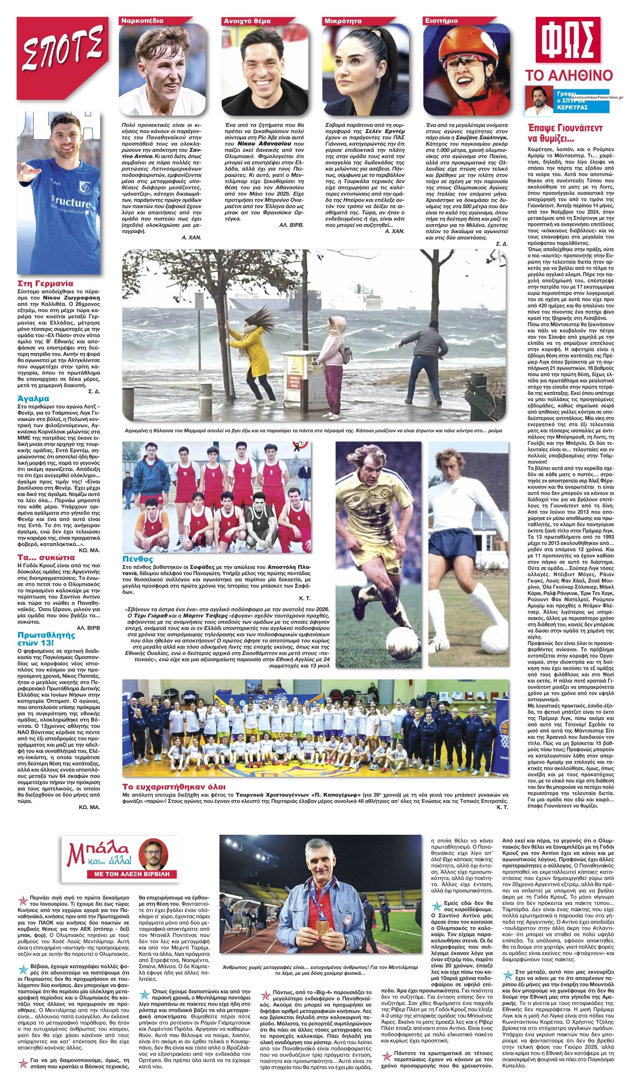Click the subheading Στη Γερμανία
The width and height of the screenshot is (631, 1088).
[x=45, y=284]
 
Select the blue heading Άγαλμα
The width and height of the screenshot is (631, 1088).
[x=33, y=398]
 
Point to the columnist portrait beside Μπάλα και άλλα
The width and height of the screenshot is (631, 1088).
[x=154, y=852]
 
